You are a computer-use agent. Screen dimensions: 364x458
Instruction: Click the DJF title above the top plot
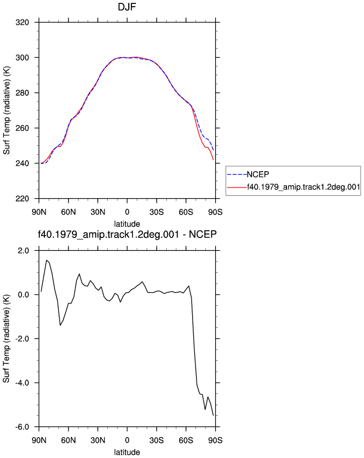tap(127, 6)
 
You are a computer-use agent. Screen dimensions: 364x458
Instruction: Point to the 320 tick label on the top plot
tap(22, 22)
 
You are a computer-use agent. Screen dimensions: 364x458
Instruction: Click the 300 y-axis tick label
tap(22, 58)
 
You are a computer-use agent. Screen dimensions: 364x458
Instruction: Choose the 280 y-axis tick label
tap(22, 93)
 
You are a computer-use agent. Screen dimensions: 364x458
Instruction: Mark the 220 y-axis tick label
tap(22, 199)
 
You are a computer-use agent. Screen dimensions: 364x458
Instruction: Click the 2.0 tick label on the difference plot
tap(24, 251)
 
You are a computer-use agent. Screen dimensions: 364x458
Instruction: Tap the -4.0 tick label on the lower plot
tap(22, 383)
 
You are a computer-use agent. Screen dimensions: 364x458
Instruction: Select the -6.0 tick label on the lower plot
tap(22, 427)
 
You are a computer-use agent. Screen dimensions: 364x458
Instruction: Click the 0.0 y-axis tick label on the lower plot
tap(24, 295)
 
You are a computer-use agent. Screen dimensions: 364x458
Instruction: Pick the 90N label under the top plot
tap(39, 212)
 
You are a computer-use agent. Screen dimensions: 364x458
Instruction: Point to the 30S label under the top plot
tap(157, 212)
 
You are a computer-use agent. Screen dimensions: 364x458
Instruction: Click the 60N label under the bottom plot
tap(69, 440)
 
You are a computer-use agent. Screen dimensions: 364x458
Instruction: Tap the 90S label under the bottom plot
tap(216, 440)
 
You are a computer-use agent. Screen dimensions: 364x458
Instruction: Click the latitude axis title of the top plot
tap(127, 224)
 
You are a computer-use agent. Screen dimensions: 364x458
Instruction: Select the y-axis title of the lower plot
tap(6, 338)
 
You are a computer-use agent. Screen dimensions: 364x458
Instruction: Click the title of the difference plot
tap(127, 234)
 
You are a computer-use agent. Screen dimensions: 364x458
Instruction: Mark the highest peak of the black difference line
tap(47, 260)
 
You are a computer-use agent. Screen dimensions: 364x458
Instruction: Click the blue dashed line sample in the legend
tap(237, 175)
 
